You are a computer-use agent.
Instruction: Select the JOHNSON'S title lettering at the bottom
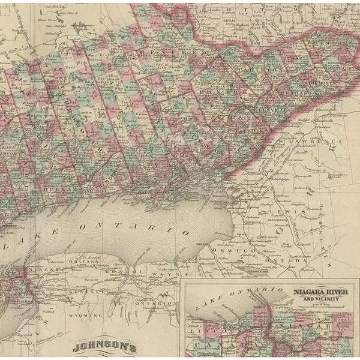[x=105, y=347]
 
